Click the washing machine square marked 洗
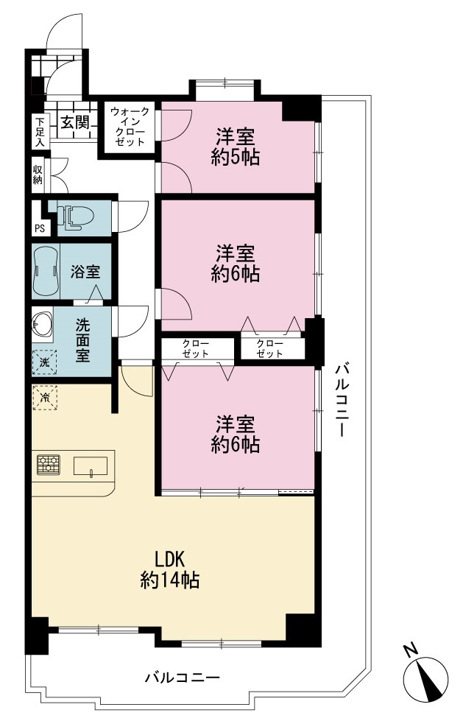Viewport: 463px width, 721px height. pyautogui.click(x=44, y=362)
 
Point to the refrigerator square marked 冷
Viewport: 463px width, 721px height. pyautogui.click(x=45, y=397)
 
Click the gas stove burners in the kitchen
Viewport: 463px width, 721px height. pyautogui.click(x=49, y=465)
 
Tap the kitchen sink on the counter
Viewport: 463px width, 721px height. pyautogui.click(x=90, y=466)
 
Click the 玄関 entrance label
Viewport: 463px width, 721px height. pyautogui.click(x=75, y=122)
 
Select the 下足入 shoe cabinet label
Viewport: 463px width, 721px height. pyautogui.click(x=40, y=132)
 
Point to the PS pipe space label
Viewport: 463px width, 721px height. pyautogui.click(x=40, y=228)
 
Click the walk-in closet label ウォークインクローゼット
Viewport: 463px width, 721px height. pyautogui.click(x=130, y=126)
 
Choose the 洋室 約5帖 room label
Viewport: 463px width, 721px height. pyautogui.click(x=236, y=147)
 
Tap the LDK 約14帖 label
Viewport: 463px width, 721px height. pyautogui.click(x=169, y=570)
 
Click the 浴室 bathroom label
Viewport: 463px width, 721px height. pyautogui.click(x=85, y=272)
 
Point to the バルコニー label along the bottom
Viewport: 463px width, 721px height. pyautogui.click(x=183, y=678)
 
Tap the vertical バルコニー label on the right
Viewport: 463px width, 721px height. pyautogui.click(x=342, y=399)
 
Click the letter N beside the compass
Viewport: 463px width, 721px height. pyautogui.click(x=411, y=650)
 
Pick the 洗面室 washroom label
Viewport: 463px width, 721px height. pyautogui.click(x=82, y=340)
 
